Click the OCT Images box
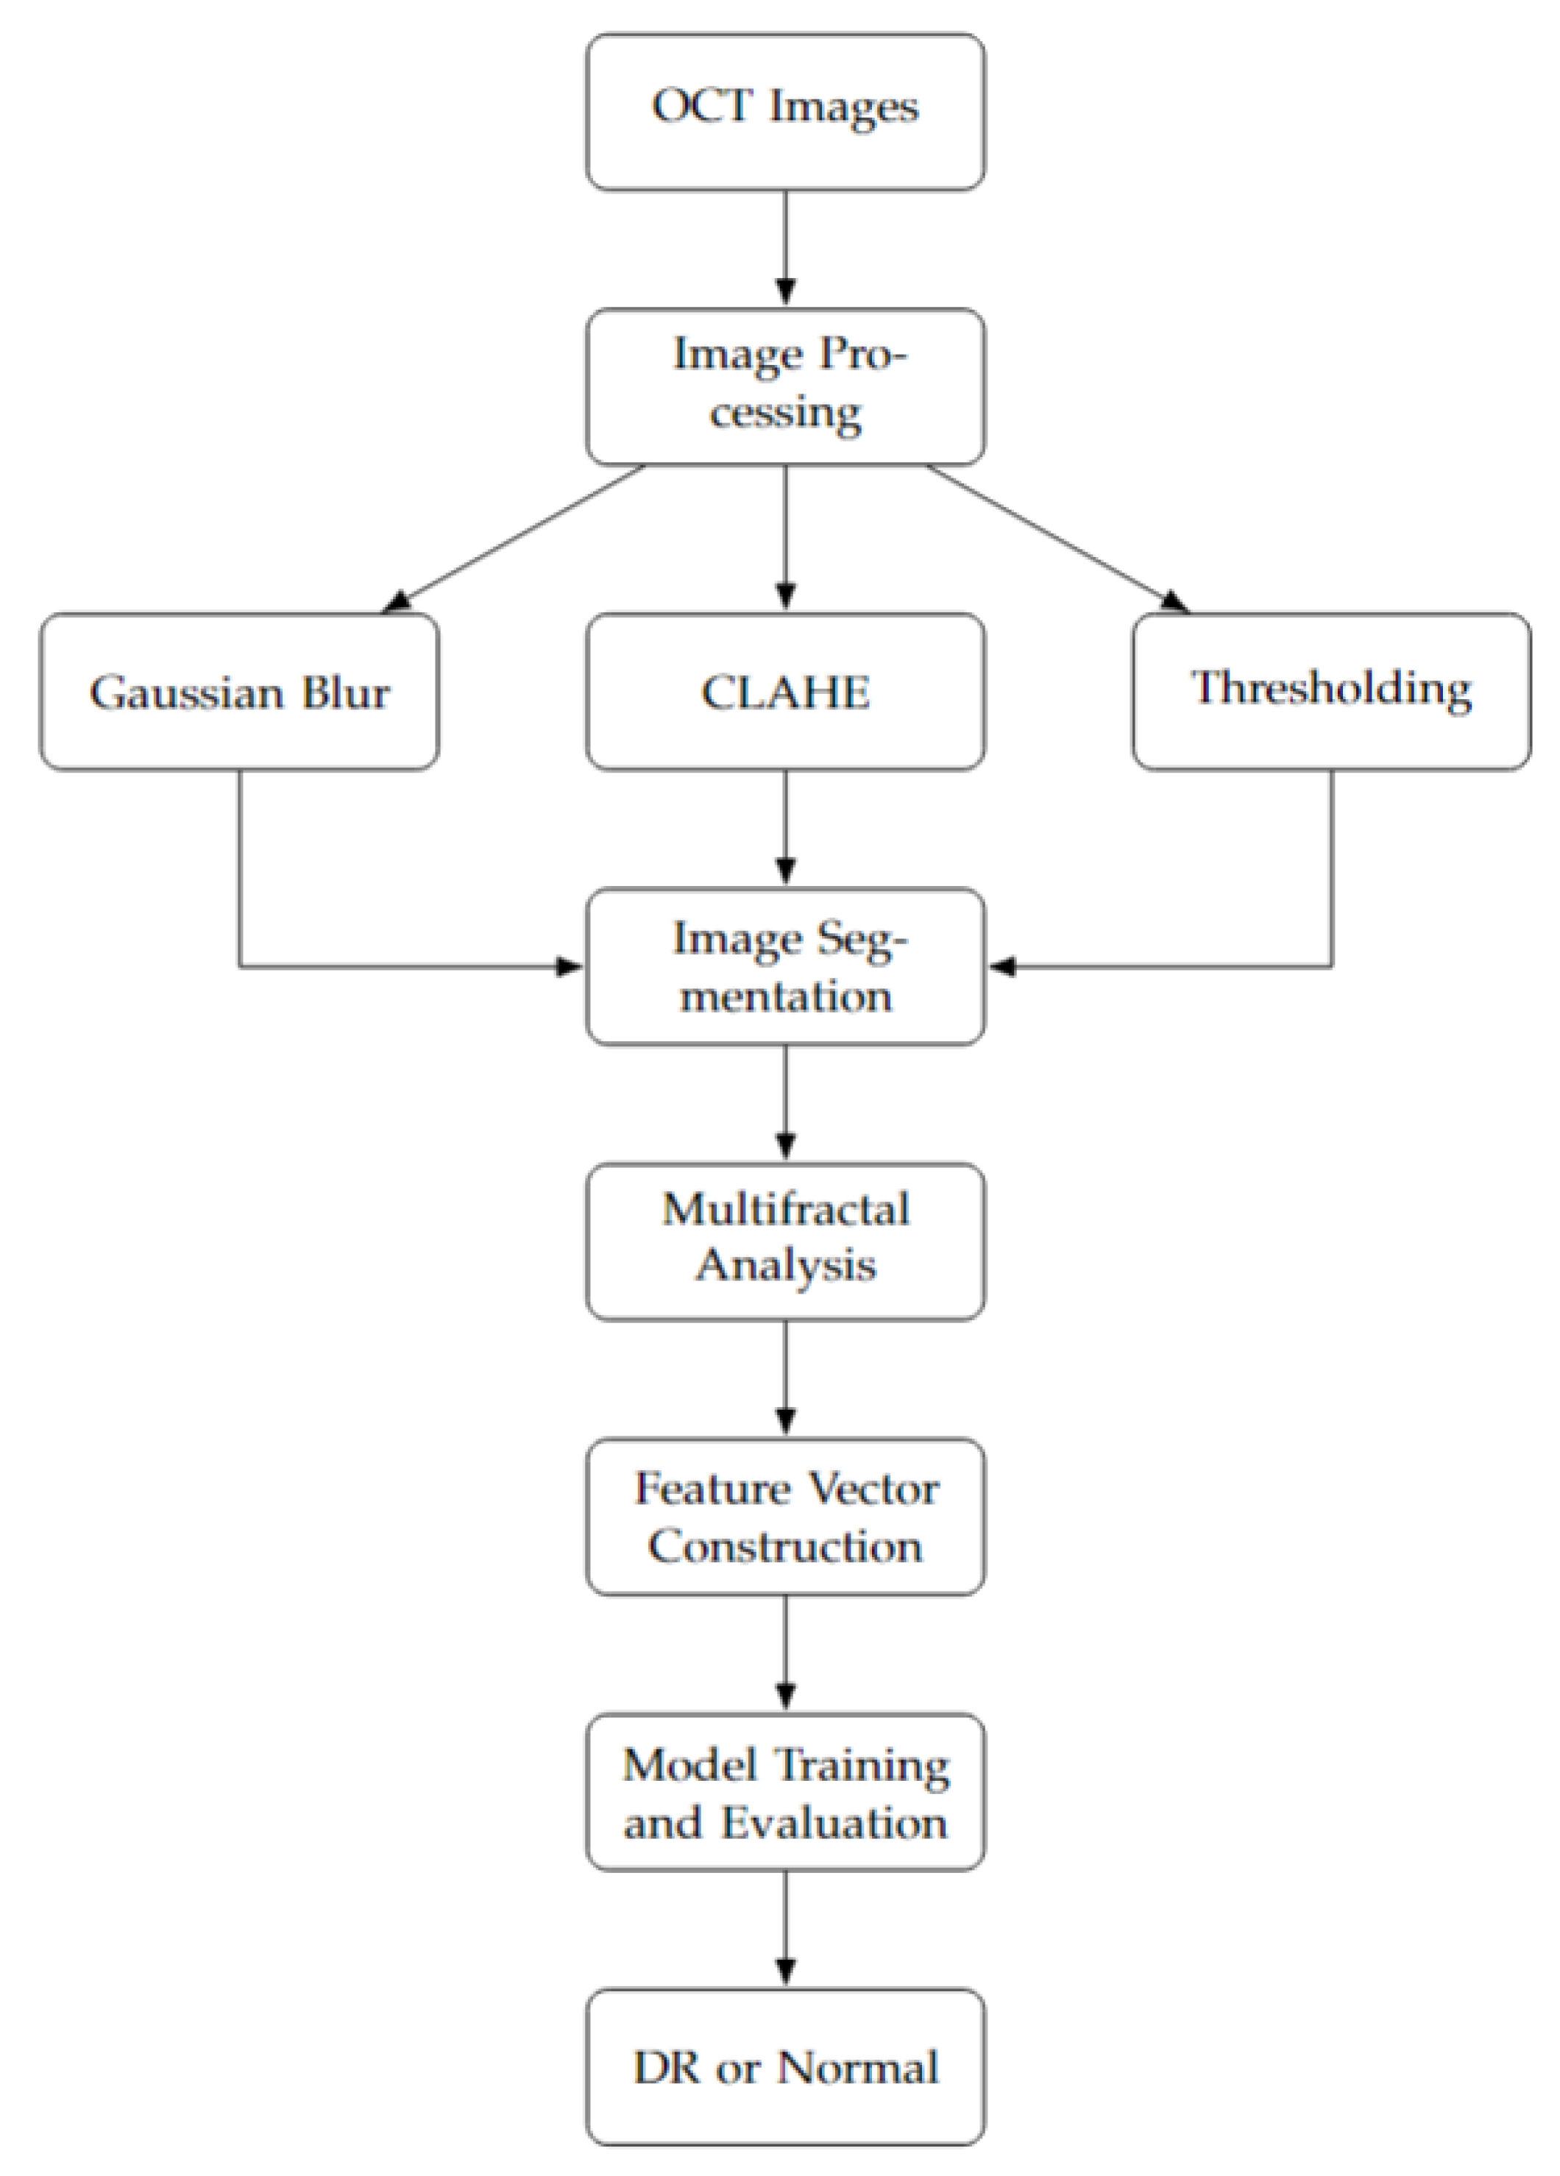click(785, 111)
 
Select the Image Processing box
click(785, 386)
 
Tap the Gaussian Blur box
click(239, 691)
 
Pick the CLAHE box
click(785, 691)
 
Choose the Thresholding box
click(1330, 691)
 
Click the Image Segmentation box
click(785, 966)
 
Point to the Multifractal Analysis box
click(785, 1241)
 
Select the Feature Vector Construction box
click(785, 1516)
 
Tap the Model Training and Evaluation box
click(785, 1791)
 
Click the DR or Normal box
click(785, 2066)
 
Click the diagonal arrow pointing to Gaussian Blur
click(514, 537)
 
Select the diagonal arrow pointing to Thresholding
click(1055, 537)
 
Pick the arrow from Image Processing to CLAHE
click(785, 537)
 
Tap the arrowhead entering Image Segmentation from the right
click(1002, 966)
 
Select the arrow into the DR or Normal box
click(785, 1929)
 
